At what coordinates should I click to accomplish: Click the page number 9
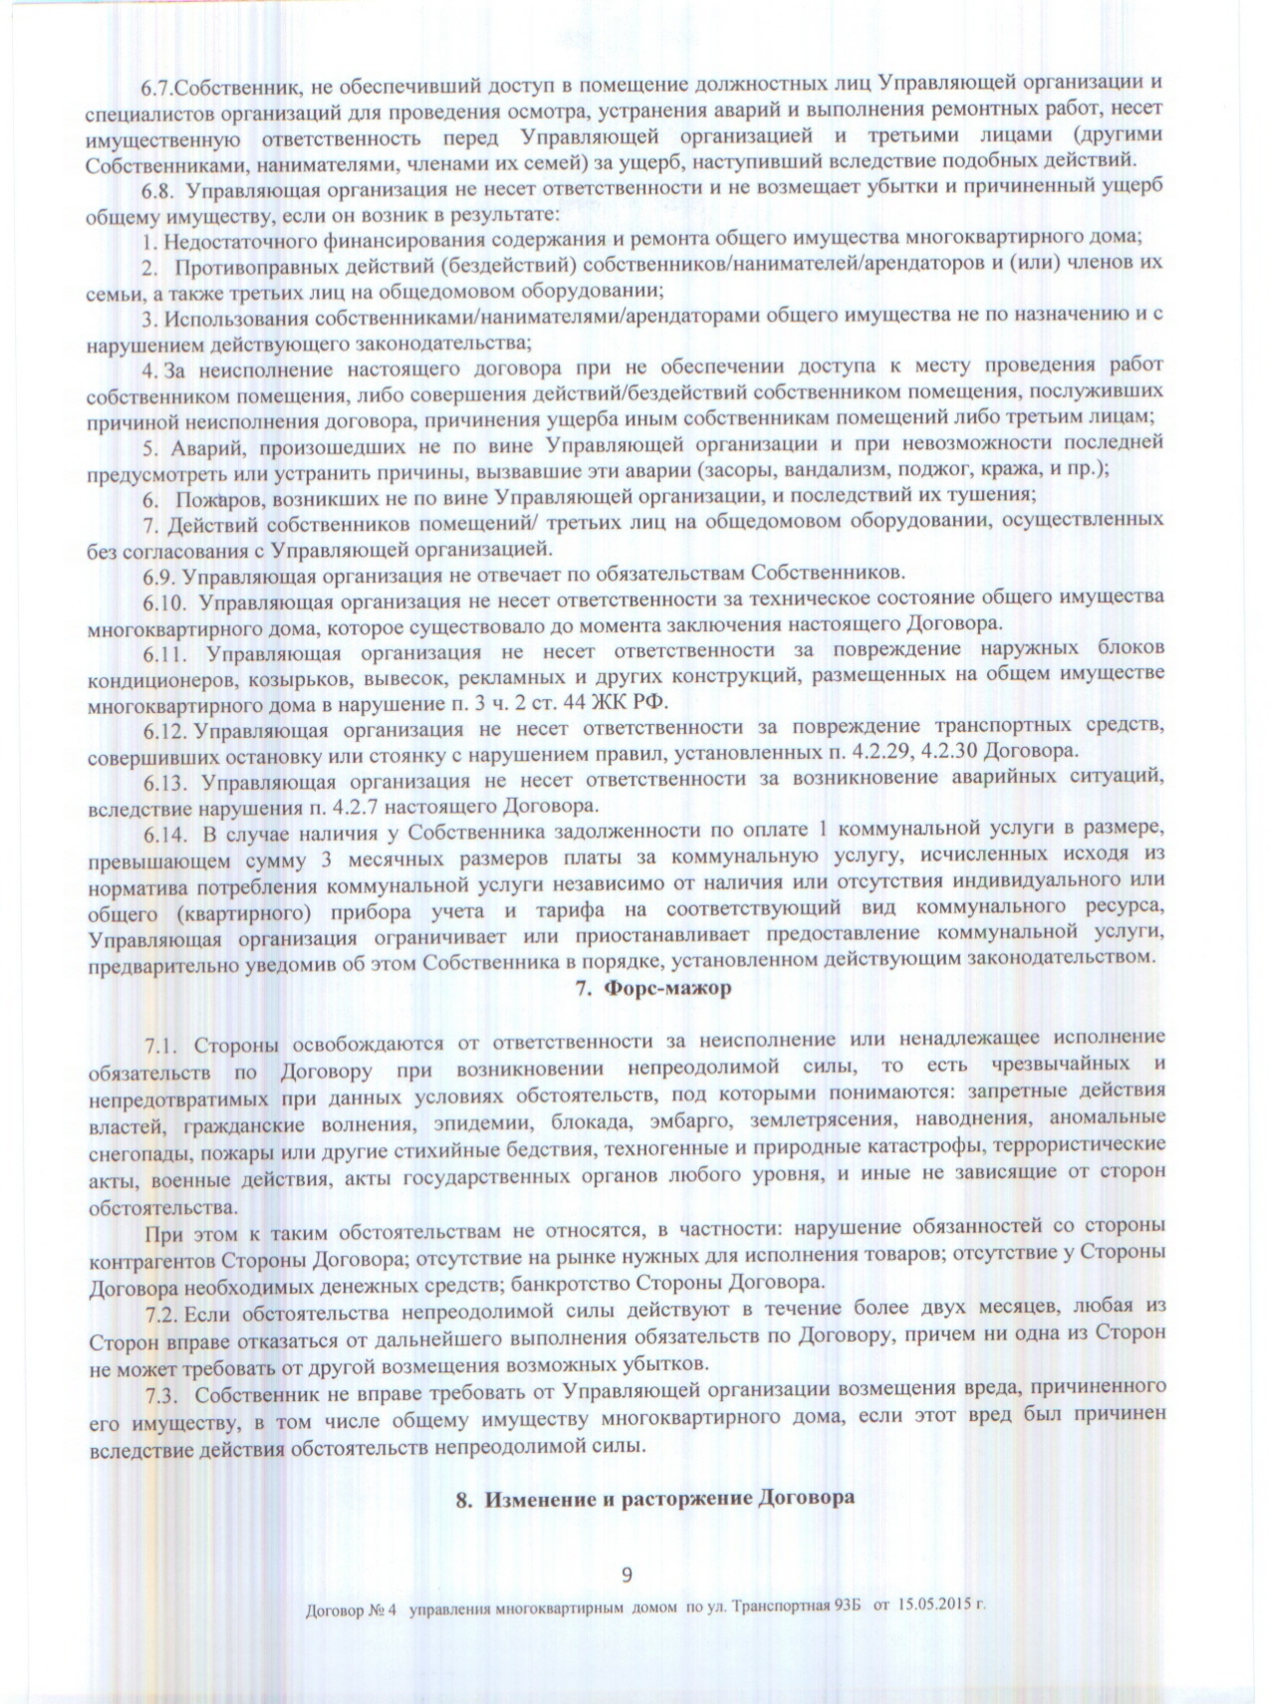point(627,1574)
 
